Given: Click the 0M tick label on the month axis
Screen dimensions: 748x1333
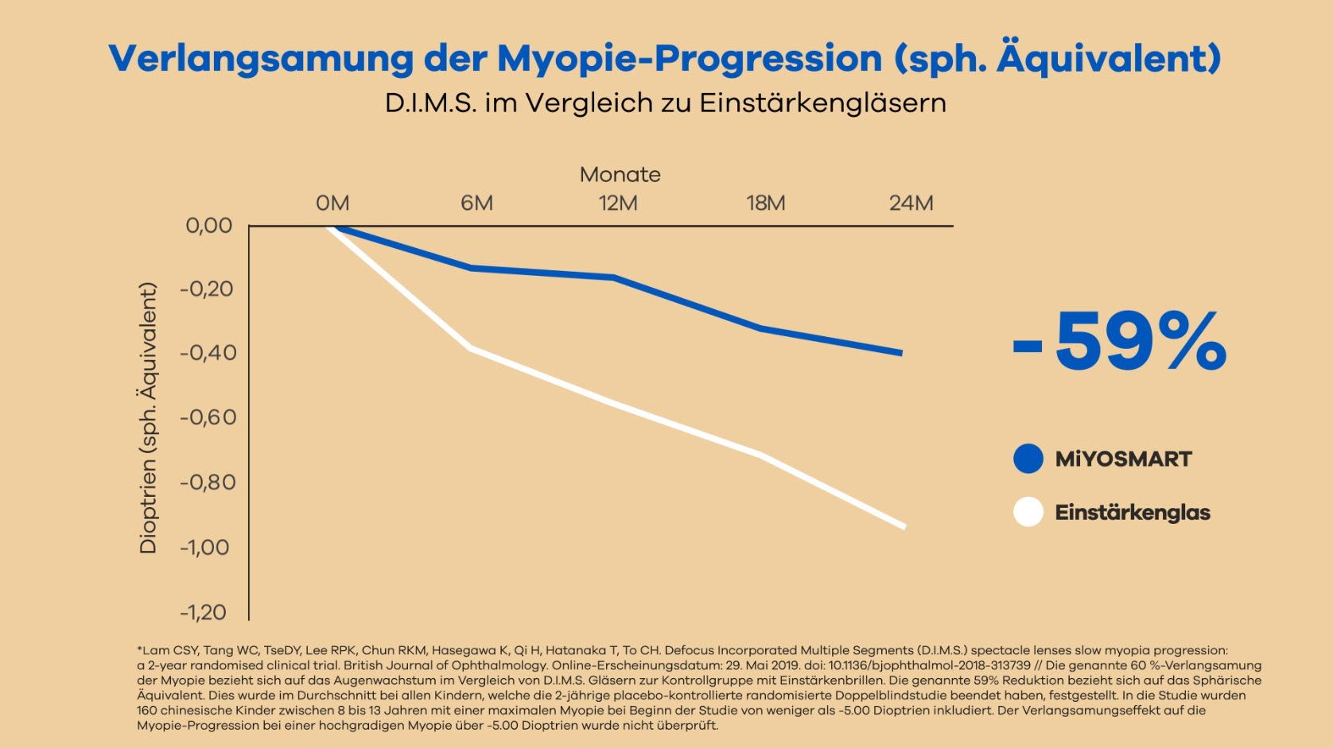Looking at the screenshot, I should click(x=332, y=203).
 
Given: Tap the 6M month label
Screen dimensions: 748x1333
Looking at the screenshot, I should click(x=476, y=203).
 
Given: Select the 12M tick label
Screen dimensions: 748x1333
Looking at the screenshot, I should click(x=618, y=203).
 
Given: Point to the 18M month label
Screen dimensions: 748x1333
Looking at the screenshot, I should click(x=765, y=203).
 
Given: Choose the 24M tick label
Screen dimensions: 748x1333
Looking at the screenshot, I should click(x=911, y=203).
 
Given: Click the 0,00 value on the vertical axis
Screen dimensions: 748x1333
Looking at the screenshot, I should click(x=208, y=226).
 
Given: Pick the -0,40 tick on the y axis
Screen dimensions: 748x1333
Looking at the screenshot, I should click(x=208, y=353).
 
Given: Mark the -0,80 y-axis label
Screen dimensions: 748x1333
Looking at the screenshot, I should click(x=208, y=483).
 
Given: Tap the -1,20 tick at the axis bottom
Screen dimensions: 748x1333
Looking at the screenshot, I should click(x=204, y=612).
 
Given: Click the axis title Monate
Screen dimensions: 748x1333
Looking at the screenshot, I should click(x=620, y=175).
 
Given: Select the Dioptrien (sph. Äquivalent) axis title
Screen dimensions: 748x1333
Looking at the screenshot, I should click(x=149, y=418).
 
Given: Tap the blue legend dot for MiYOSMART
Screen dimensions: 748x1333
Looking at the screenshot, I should click(x=1028, y=459).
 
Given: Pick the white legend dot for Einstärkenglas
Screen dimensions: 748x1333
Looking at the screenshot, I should click(x=1028, y=512).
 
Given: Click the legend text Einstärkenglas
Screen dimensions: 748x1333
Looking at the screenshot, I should click(x=1132, y=513).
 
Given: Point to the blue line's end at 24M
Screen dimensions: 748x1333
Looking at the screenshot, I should click(x=901, y=352).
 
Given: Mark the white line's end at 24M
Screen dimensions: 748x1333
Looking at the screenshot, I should click(x=904, y=525).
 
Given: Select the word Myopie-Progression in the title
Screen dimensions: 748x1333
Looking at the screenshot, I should click(x=690, y=59).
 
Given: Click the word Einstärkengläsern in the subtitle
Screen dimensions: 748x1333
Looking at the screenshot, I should click(x=822, y=103).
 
